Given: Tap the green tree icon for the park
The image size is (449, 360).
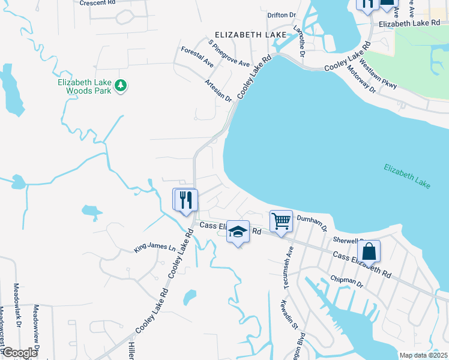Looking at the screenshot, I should click(x=121, y=86).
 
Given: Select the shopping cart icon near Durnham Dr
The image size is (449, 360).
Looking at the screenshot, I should click(x=280, y=221).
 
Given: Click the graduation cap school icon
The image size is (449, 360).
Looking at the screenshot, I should click(x=238, y=232).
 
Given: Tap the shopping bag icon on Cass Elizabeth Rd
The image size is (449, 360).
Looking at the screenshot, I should click(x=369, y=251).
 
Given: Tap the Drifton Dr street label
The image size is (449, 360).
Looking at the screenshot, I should click(x=282, y=14).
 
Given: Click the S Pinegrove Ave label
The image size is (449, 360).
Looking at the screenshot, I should click(x=229, y=54).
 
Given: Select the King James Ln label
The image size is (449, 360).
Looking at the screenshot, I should click(x=155, y=247).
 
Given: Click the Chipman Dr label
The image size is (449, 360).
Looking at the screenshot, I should click(x=347, y=282).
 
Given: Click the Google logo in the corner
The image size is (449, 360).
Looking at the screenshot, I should click(x=20, y=353).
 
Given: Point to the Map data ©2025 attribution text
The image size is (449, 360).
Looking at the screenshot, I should click(x=423, y=355).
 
